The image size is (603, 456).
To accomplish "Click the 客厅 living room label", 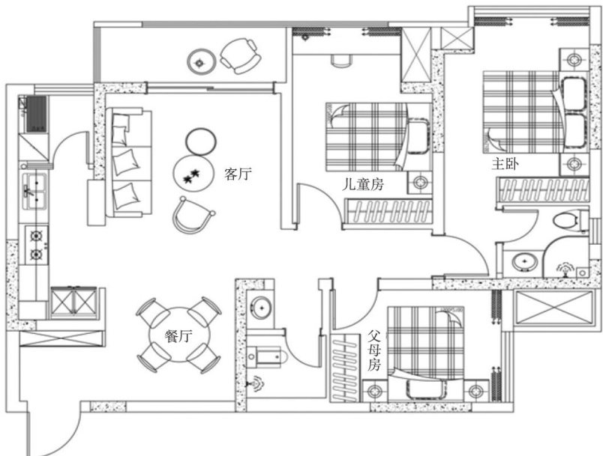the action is tap(238, 174).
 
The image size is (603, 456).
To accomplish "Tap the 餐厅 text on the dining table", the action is tap(178, 336).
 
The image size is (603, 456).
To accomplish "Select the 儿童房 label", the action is tap(363, 185).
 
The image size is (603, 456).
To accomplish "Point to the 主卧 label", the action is tap(505, 164).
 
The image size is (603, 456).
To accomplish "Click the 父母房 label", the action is tap(373, 351).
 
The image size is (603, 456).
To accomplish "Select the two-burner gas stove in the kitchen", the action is tap(37, 245).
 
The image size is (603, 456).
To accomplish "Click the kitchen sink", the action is tap(35, 190).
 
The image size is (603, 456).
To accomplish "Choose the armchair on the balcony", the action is tap(239, 55).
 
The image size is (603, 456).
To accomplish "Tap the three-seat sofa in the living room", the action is tap(129, 162).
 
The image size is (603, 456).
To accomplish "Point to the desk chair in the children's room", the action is tap(341, 61).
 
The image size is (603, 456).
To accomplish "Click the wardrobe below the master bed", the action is tap(543, 189).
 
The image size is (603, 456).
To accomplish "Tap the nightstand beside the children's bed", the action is tap(419, 182).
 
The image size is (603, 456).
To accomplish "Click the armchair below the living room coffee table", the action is tap(193, 216).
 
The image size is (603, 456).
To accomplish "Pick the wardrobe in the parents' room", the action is tap(344, 368).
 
